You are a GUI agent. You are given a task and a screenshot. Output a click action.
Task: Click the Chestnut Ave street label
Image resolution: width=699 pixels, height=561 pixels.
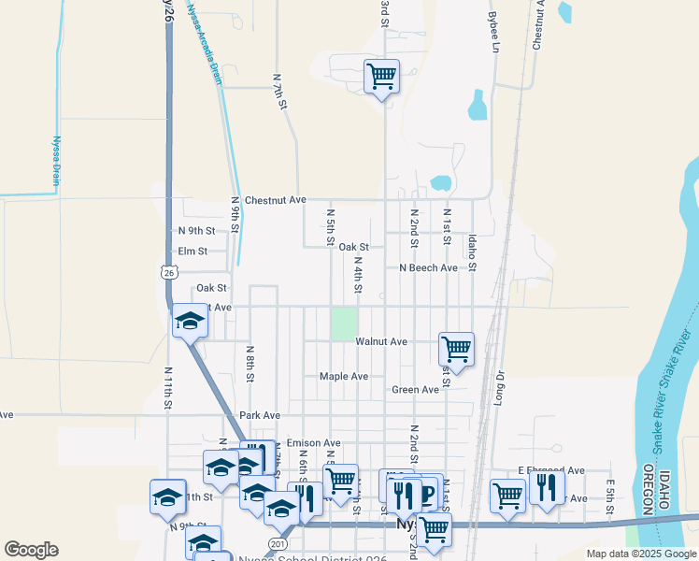pos(275,200)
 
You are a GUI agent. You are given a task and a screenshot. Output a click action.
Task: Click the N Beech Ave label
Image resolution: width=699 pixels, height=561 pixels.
pos(428,267)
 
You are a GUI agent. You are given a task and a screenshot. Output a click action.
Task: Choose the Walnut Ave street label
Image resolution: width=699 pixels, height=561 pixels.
pos(381,342)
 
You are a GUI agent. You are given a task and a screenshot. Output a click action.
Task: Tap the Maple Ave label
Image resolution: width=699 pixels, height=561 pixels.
pos(344,376)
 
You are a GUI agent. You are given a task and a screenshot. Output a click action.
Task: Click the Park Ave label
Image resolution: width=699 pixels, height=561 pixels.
pos(260,415)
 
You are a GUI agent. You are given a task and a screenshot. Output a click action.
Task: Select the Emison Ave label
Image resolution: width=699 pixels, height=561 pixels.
pos(314,442)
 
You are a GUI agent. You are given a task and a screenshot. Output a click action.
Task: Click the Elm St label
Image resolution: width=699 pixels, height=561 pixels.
pos(192,252)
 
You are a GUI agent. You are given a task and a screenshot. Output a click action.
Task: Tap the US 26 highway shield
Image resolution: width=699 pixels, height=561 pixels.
pos(168,271)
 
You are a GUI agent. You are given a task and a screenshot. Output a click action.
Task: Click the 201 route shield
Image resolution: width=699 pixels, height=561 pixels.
pos(277,543)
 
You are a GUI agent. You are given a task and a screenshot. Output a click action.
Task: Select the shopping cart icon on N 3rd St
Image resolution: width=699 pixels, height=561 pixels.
pos(381,75)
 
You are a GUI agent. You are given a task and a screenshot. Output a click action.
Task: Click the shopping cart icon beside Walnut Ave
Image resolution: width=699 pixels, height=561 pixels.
pos(456,349)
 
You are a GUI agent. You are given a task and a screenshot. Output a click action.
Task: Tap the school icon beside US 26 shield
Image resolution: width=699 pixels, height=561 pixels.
pos(190,322)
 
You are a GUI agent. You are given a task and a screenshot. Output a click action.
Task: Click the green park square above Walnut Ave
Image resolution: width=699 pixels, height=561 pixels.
pos(344,324)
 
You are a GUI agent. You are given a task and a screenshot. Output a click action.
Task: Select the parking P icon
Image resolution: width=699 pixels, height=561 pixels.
pos(427,494)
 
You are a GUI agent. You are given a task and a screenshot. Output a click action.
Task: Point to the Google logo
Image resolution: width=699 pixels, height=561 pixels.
pos(32,550)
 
